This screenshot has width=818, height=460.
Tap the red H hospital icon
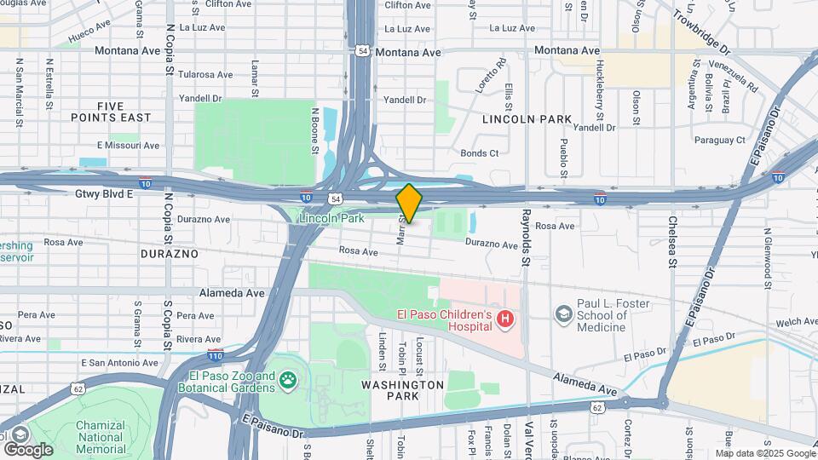coord(505,319)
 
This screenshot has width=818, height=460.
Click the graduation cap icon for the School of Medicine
coord(562,315)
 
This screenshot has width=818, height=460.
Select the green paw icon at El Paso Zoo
coord(288,381)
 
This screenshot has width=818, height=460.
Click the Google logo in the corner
coord(28,449)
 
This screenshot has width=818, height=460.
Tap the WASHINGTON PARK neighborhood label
coord(402,390)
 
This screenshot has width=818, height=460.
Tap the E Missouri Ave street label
coord(128,146)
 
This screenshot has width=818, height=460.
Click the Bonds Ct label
coord(479,153)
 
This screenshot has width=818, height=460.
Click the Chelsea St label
coord(671,249)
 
